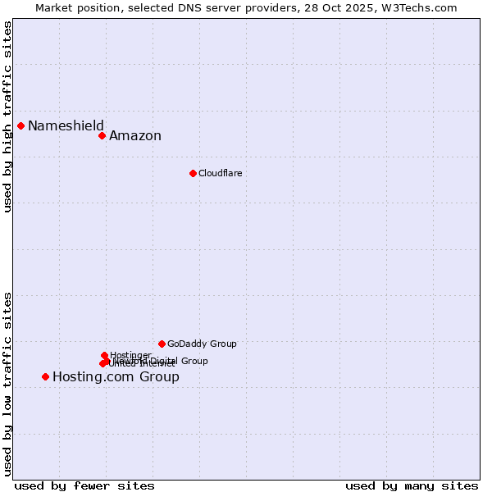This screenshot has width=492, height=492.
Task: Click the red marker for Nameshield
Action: [x=21, y=125]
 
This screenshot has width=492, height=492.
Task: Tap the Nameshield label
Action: [x=66, y=125]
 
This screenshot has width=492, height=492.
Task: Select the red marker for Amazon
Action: [x=102, y=135]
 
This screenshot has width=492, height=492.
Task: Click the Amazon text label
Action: [x=135, y=136]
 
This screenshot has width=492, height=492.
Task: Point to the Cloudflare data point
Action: [x=193, y=173]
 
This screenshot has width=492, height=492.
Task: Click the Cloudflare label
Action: [x=220, y=173]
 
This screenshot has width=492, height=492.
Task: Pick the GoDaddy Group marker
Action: [x=162, y=344]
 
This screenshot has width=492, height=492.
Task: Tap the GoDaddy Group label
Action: [x=202, y=344]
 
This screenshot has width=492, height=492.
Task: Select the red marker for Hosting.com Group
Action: [x=46, y=376]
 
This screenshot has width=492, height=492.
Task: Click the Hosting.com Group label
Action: [x=116, y=377]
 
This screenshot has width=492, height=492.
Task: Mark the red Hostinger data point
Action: [x=105, y=355]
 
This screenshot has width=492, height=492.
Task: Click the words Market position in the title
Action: [x=74, y=7]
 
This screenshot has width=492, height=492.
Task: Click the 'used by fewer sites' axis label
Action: [x=84, y=485]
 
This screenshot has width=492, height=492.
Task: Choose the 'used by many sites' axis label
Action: [x=412, y=485]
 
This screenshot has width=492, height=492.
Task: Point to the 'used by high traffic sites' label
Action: [x=7, y=117]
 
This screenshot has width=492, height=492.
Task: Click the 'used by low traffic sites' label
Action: [x=7, y=384]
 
